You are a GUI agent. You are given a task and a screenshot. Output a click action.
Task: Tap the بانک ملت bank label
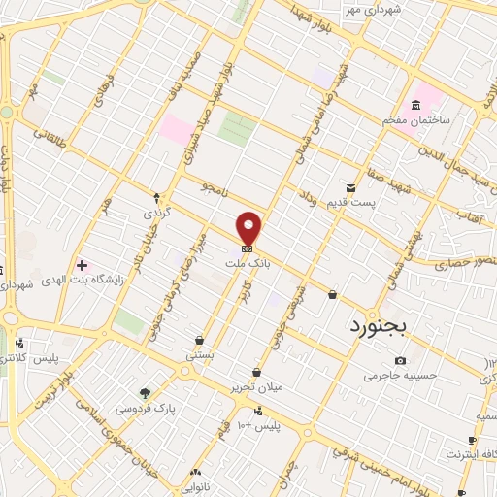pyautogui.click(x=249, y=262)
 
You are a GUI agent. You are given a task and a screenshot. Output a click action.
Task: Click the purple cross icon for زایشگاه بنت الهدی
pyautogui.click(x=82, y=265)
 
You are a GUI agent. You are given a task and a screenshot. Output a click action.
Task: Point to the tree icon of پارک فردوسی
pyautogui.click(x=145, y=393)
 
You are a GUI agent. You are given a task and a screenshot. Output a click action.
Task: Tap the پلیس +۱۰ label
pyautogui.click(x=258, y=425)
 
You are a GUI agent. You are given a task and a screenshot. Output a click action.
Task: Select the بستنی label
pyautogui.click(x=200, y=356)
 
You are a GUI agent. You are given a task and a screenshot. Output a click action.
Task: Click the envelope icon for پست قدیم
pyautogui.click(x=351, y=188)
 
